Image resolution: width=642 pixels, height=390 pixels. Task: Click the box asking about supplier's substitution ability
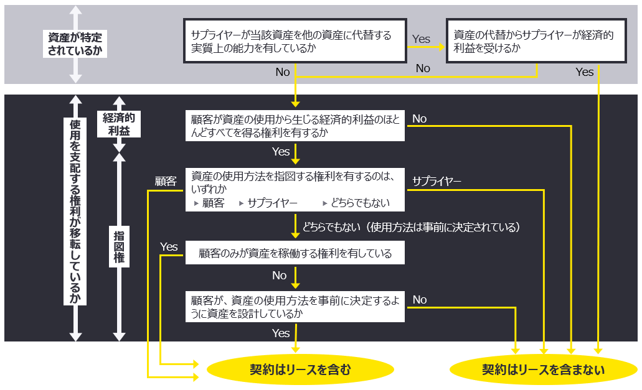coord(294,41)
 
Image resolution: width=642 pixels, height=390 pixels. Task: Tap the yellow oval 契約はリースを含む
coord(301,370)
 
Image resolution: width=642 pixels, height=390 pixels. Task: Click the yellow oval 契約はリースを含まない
coord(543,370)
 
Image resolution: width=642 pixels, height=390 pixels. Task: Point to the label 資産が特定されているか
coord(75,44)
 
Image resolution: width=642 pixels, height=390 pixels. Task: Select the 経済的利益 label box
coord(119,123)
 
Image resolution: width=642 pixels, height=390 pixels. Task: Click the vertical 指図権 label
coord(119,246)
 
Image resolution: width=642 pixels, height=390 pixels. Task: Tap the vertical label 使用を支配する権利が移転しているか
coord(75,211)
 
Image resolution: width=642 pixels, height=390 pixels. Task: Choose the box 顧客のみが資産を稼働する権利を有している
coord(295,253)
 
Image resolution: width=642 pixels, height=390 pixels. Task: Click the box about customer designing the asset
coord(295,307)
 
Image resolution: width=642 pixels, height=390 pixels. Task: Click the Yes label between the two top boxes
coord(421,39)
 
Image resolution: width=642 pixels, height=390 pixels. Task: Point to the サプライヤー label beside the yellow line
coord(437,181)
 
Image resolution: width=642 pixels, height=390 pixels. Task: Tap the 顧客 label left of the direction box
coord(166,181)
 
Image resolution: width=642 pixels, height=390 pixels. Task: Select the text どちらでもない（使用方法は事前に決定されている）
coord(411,227)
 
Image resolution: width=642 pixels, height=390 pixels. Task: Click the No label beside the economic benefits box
coord(419,119)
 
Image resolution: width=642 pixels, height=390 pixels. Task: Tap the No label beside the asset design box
coord(419,300)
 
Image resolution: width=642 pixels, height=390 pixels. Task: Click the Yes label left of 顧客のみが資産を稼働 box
coord(169,247)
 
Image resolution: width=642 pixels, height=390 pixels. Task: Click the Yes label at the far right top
coord(585,72)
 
